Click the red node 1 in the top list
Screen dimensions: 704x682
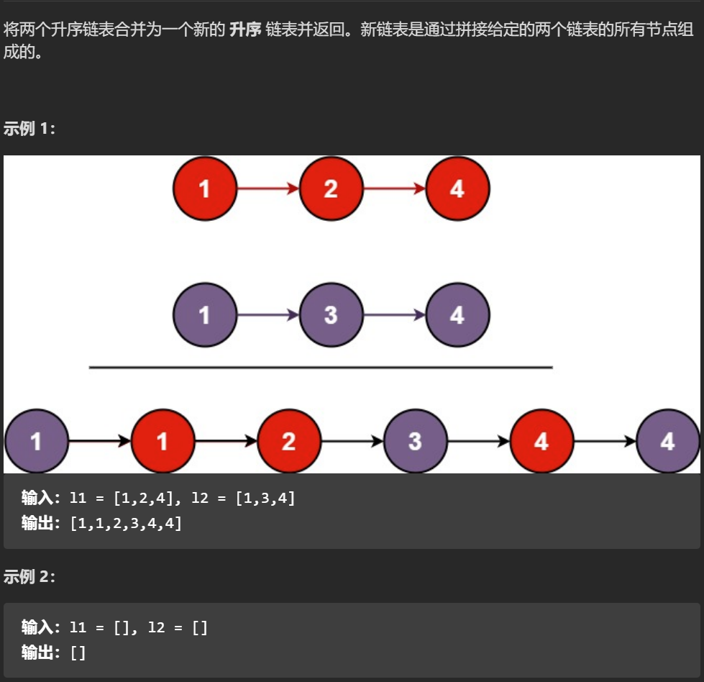205,189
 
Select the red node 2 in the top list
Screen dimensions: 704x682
331,189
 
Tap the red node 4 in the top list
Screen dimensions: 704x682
457,189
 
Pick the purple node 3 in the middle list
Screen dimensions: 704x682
331,315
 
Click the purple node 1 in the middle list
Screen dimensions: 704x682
205,315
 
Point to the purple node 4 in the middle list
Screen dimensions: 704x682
457,315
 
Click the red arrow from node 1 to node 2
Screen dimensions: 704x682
268,189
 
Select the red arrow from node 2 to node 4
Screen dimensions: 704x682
394,189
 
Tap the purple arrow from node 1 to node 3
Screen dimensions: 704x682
268,315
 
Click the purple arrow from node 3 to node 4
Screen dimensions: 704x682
394,315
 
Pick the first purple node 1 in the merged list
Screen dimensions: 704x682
36,441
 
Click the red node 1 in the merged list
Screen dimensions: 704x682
163,441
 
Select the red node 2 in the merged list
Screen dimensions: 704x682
289,441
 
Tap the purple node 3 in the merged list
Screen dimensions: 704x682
415,441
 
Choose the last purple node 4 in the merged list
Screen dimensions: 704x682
668,441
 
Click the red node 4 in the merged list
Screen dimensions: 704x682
541,441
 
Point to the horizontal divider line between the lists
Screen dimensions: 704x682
321,368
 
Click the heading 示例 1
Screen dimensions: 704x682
29,129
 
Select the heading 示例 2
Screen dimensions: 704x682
29,576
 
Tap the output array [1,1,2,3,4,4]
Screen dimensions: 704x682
125,523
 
